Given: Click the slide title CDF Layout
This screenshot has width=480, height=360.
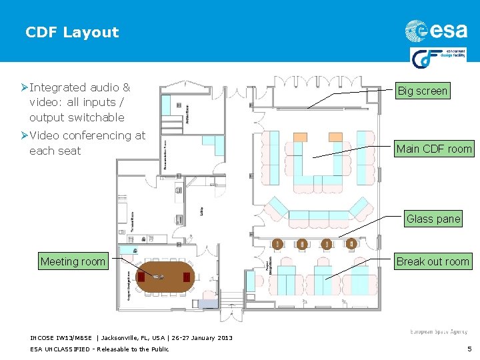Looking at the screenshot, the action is (72, 32).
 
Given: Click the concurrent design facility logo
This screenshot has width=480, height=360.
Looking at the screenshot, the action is (440, 58).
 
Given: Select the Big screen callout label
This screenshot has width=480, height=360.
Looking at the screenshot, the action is (422, 91).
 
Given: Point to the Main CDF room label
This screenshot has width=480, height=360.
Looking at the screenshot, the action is (433, 149).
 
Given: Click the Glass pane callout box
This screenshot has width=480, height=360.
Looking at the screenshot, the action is (433, 219).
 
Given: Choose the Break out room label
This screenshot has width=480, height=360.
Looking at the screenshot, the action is (433, 261).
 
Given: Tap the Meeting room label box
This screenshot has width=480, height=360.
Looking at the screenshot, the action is (73, 261).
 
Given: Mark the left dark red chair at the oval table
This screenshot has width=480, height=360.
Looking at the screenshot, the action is (141, 276).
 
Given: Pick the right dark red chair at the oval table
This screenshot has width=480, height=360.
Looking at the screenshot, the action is (187, 276).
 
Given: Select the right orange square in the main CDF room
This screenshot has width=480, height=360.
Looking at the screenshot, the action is (335, 137).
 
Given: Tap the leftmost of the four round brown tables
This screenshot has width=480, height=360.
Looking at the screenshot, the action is (277, 245).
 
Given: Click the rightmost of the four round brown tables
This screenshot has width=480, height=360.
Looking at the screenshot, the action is (350, 245).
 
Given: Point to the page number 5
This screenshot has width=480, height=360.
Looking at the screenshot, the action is (469, 349).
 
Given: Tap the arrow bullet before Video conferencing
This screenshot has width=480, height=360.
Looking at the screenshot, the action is (24, 135).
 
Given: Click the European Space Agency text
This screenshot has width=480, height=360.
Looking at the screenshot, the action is (439, 332).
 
